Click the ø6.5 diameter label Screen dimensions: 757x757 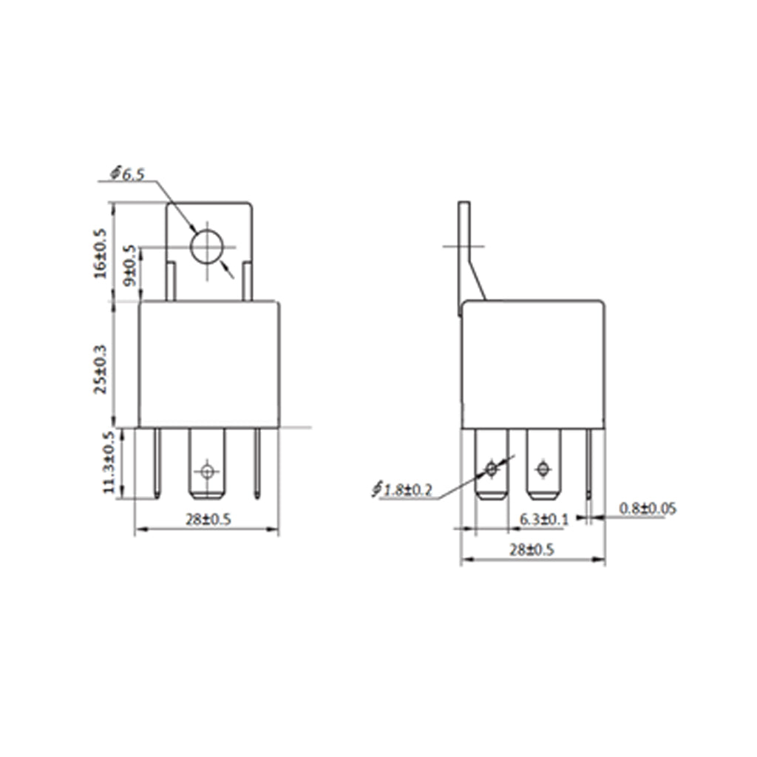point(127,173)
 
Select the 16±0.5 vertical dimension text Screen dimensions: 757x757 point(101,253)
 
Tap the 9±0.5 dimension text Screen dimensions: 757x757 point(130,266)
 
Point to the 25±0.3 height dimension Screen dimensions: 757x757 point(101,370)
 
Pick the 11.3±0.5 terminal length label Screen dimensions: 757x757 point(109,463)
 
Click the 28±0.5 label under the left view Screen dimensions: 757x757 point(208,520)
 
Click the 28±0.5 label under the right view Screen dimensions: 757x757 point(532,550)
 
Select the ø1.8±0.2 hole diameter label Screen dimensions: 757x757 point(403,489)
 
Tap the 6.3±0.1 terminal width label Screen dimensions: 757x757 point(544,520)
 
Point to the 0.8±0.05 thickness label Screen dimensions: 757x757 point(648,509)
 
